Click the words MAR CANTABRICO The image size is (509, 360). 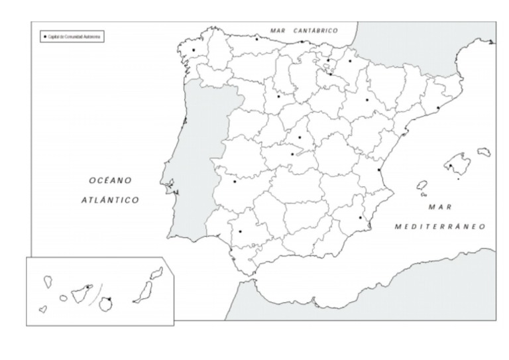tap(304, 30)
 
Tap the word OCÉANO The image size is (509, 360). tap(111, 180)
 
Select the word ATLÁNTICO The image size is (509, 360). tap(110, 200)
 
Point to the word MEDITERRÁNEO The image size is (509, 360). tap(440, 226)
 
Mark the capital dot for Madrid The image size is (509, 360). tap(300, 138)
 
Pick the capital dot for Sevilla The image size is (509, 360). tap(240, 231)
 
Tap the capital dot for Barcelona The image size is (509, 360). tap(438, 108)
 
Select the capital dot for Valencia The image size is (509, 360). tap(379, 170)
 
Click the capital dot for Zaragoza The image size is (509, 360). tap(367, 100)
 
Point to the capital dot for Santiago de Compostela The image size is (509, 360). tap(194, 50)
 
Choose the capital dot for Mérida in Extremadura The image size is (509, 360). tap(235, 181)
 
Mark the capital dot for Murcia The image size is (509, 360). tap(361, 217)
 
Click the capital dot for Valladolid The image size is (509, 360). tap(278, 96)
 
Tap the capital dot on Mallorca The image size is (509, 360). tap(450, 166)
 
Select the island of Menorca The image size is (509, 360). tap(484, 152)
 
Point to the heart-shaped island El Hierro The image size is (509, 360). tap(43, 310)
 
